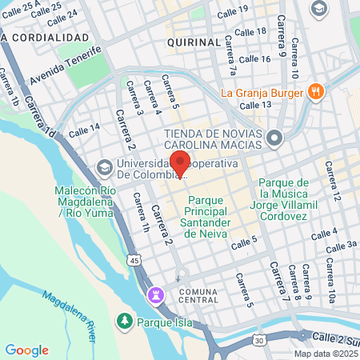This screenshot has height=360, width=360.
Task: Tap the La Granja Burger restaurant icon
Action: click(317, 91)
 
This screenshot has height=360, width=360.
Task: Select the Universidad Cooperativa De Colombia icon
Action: click(103, 168)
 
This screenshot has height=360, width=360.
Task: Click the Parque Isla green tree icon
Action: click(124, 322)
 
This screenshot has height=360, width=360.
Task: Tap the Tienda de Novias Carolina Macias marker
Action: click(275, 139)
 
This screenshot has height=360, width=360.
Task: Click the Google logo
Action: click(26, 350)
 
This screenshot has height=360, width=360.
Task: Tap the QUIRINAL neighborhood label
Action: click(194, 41)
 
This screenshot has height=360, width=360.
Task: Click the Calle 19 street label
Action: click(232, 12)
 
